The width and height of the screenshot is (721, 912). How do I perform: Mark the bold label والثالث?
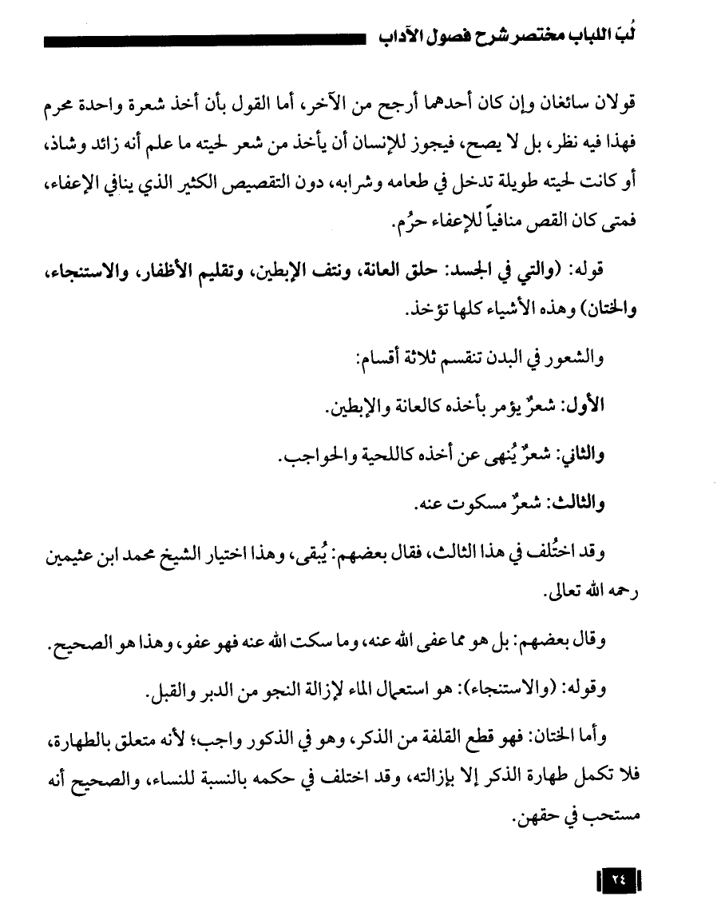point(576,504)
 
